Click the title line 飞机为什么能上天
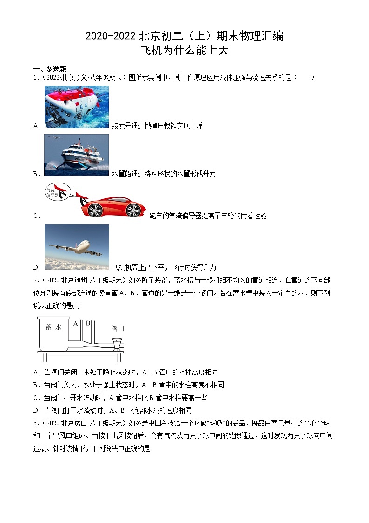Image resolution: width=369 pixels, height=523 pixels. click(x=184, y=50)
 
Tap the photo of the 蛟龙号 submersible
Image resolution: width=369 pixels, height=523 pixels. click(x=77, y=107)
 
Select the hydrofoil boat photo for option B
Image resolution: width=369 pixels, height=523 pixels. click(x=77, y=155)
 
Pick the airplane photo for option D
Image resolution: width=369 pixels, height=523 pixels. click(x=77, y=246)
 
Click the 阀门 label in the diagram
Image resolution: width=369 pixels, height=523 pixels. click(x=118, y=328)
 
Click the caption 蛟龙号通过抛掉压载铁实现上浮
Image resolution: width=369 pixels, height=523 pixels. click(x=157, y=126)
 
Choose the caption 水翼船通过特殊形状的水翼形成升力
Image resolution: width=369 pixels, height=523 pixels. click(x=164, y=174)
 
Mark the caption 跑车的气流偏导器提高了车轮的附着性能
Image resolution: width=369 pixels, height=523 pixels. click(x=208, y=216)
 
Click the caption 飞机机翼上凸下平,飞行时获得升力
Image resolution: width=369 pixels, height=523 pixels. click(x=164, y=267)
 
